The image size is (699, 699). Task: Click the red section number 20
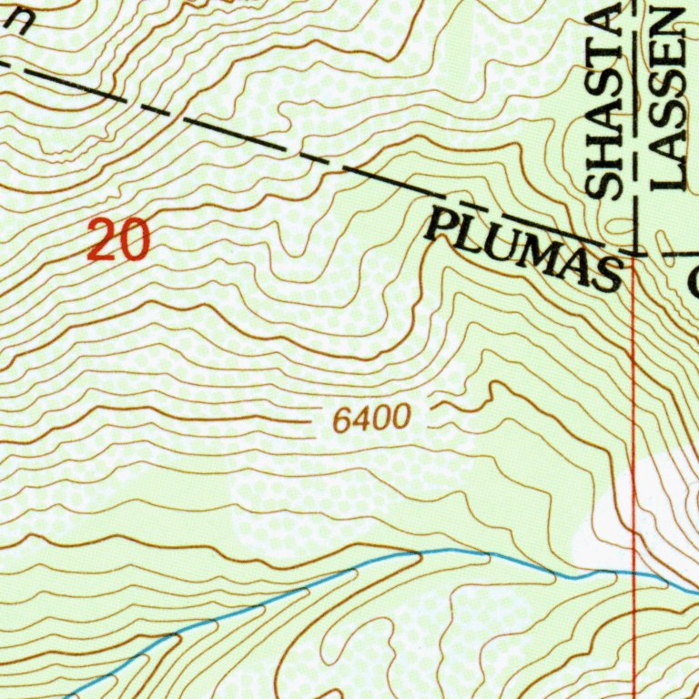pos(118,241)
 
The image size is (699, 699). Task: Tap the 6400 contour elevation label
pos(371,420)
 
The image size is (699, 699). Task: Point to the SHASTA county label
pos(603,100)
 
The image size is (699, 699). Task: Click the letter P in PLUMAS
pos(441,223)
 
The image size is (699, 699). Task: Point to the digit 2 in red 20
pos(102,241)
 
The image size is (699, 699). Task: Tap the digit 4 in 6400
pos(361,420)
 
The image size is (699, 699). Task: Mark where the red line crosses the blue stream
pos(633,572)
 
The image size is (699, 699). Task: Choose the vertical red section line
pos(633,410)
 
